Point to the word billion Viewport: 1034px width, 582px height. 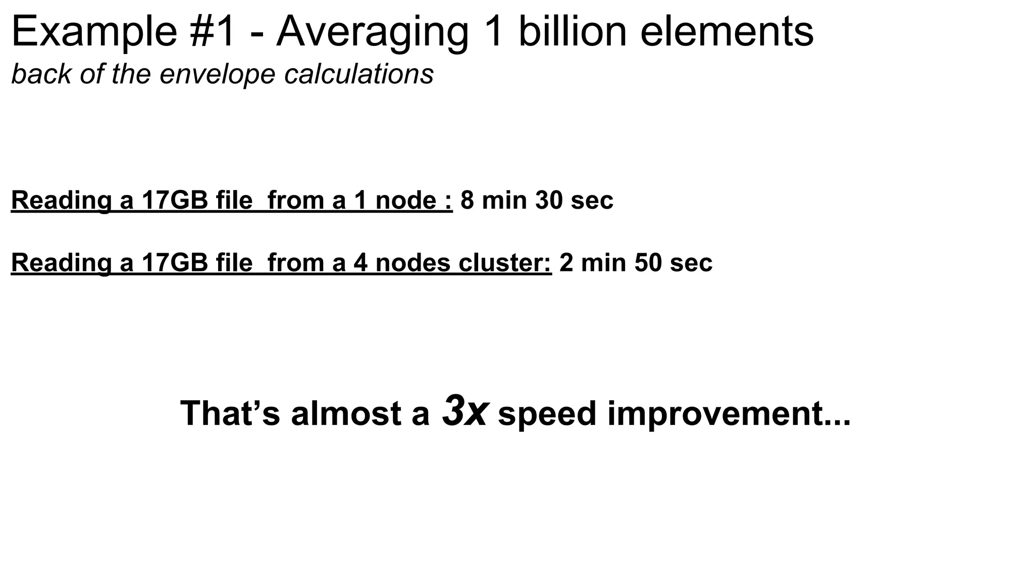573,32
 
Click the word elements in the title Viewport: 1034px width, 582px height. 727,32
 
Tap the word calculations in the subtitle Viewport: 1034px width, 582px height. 359,74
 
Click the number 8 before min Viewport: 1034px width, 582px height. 468,200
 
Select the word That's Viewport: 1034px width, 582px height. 230,413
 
